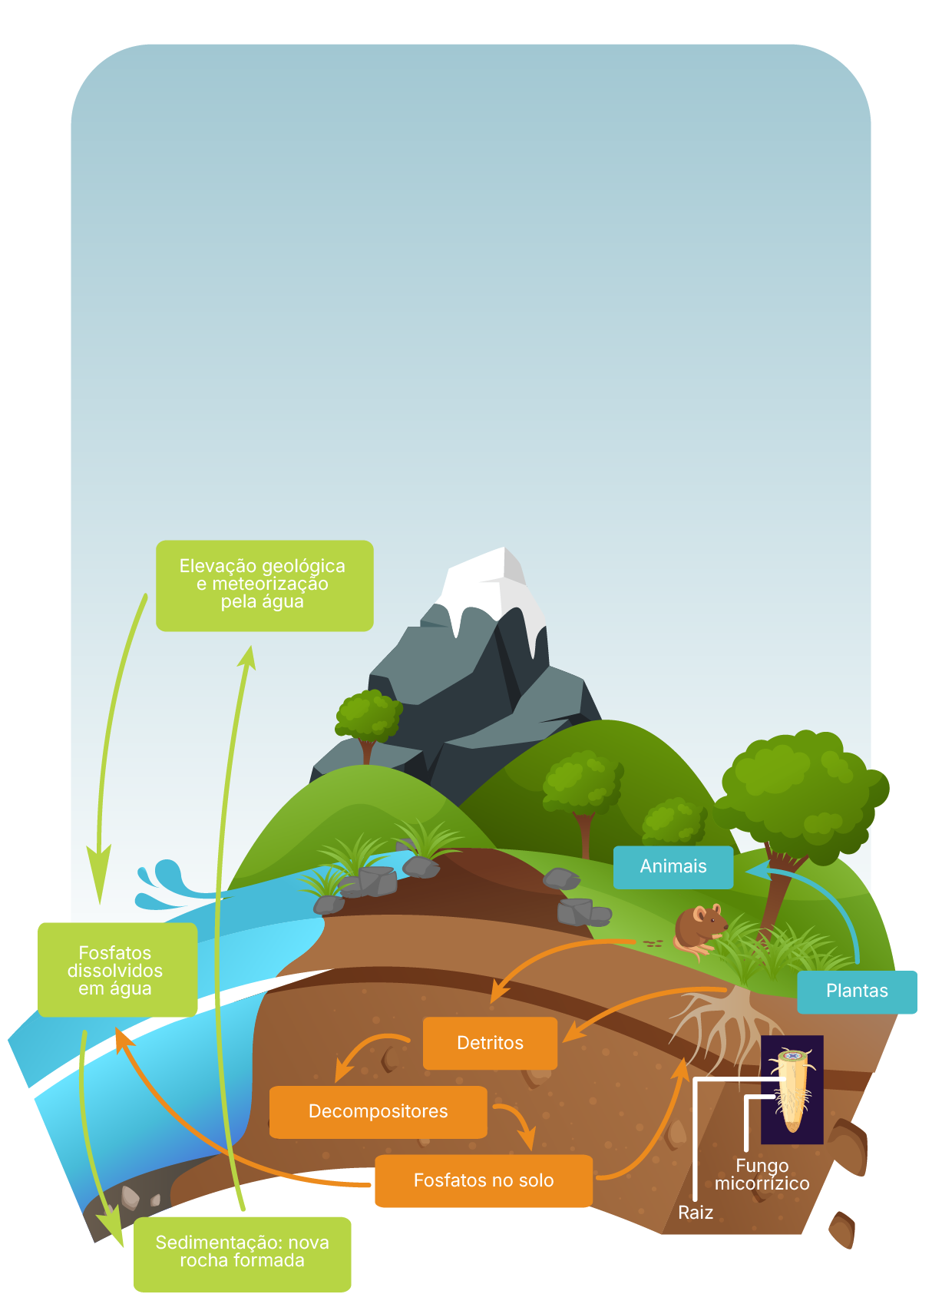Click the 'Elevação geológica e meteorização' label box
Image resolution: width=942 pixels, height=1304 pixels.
264,585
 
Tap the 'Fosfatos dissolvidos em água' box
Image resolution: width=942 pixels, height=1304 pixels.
117,970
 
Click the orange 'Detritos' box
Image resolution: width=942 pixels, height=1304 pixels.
490,1043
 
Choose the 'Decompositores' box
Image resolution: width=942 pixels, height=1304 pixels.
378,1111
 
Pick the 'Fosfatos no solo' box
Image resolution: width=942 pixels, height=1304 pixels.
483,1180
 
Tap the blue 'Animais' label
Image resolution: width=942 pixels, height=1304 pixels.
673,866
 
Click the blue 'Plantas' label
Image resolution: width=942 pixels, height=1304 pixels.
856,991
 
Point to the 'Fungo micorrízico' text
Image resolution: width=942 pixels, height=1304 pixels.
762,1175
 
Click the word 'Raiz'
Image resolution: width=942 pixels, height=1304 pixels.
696,1213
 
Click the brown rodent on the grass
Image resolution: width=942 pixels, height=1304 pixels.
697,929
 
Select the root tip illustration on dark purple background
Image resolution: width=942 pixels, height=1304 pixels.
792,1089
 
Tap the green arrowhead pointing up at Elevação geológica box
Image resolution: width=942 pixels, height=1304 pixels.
247,657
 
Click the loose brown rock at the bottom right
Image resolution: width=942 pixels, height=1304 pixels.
842,1229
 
